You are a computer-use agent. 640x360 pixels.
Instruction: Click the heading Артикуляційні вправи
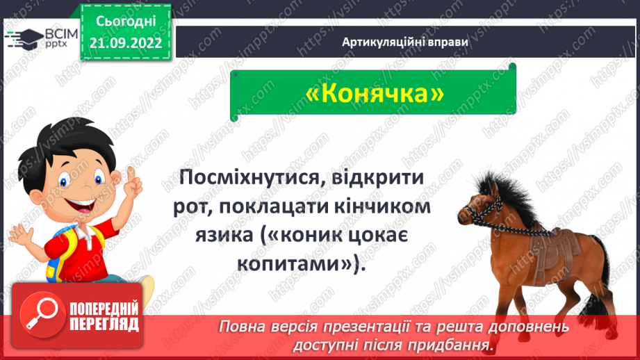tap(405, 42)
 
